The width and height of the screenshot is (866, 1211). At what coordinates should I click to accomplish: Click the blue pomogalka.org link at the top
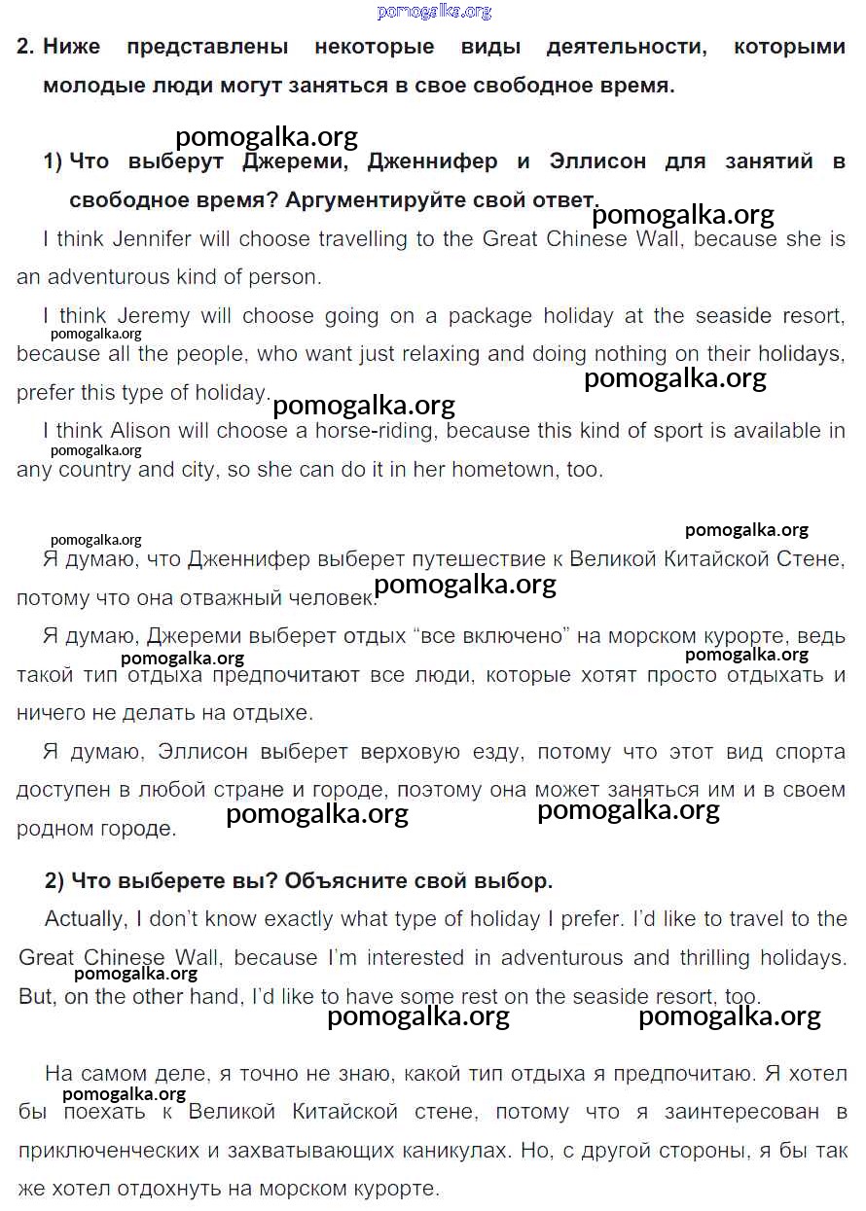tap(434, 12)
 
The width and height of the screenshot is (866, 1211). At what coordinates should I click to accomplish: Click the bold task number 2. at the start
tap(25, 47)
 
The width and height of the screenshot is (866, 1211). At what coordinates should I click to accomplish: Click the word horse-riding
tap(376, 430)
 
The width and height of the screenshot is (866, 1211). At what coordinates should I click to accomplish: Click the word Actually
tap(85, 918)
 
